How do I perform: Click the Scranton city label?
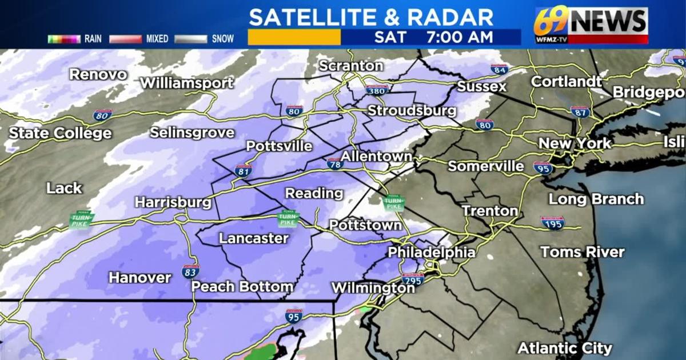point(350,66)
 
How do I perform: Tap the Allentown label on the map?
point(376,156)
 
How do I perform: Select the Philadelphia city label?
point(432,252)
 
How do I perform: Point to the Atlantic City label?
point(565,348)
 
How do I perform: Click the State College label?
point(60,133)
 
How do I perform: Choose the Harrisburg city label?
point(173,202)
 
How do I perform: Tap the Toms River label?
point(583,252)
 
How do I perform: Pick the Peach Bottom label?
point(242,287)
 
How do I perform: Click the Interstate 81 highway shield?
point(243,170)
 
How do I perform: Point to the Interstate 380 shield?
point(377,90)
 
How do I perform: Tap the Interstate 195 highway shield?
point(553,222)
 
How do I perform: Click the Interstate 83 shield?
point(191,271)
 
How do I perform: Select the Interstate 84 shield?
point(499,69)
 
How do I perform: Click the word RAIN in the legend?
point(93,39)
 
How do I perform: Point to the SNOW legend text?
point(223,39)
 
